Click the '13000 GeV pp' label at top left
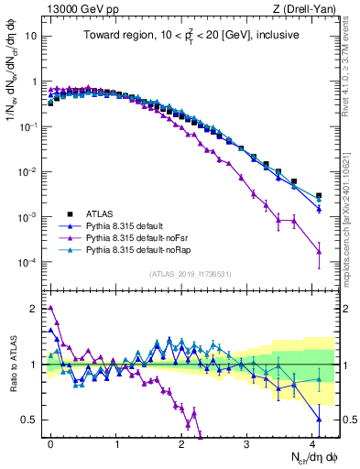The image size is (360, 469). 71,7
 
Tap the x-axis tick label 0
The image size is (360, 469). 50,442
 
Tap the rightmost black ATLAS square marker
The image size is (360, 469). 319,195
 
